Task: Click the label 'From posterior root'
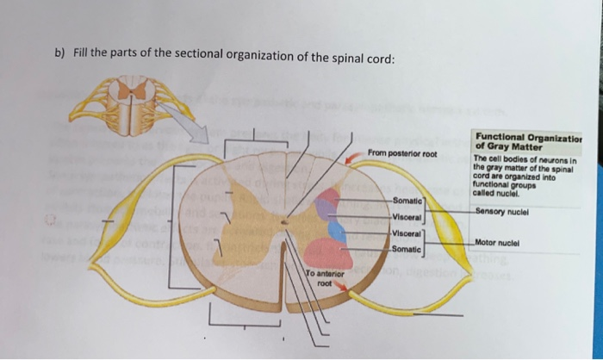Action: point(401,154)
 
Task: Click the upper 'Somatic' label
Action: point(407,201)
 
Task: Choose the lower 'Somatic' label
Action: point(407,249)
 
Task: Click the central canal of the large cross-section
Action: point(286,223)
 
